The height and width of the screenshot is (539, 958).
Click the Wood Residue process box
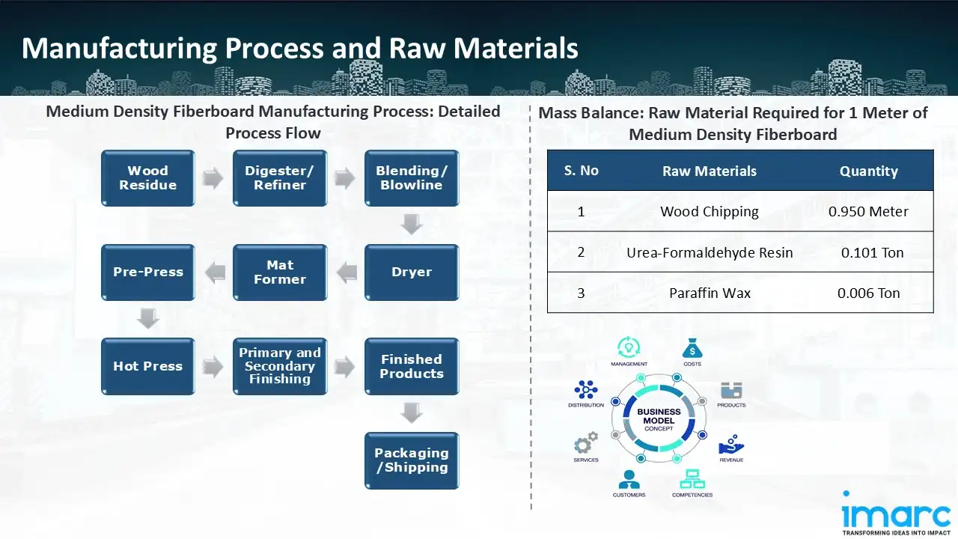148,178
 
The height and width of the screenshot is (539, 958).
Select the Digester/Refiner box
280,178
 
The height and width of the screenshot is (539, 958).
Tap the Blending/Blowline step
412,178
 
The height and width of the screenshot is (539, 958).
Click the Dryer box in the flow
412,272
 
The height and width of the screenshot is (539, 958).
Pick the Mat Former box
280,272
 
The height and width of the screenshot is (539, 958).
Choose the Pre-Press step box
148,272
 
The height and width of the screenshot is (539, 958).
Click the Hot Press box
148,367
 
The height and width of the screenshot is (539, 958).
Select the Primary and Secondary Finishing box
280,367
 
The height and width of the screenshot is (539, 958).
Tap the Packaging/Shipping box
412,460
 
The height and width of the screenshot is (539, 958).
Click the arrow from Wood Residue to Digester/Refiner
214,179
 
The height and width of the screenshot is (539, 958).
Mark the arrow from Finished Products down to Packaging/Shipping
412,413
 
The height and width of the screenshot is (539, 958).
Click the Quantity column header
868,171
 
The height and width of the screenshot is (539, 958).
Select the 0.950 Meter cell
868,212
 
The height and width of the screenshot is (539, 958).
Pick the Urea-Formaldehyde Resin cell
710,252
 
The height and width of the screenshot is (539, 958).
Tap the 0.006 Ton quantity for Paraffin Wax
868,293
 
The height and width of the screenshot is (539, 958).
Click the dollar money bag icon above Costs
692,348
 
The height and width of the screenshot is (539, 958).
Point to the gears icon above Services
586,441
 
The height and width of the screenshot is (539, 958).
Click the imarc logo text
896,514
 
